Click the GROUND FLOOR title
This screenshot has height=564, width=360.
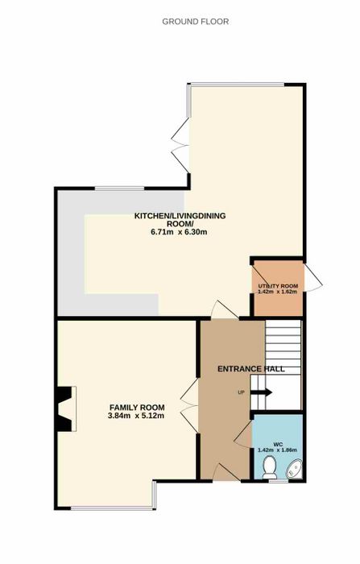195,22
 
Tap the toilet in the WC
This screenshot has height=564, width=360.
270,467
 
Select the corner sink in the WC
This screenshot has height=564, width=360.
295,470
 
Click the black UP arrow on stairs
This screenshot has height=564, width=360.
261,392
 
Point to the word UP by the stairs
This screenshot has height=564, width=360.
241,392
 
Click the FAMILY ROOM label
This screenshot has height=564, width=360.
137,408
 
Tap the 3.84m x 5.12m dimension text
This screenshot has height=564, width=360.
137,416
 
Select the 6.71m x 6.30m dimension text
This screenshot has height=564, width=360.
179,232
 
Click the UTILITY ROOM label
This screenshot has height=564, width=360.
278,286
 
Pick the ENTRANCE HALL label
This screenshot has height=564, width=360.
251,369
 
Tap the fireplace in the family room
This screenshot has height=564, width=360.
65,408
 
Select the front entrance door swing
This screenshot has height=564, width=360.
226,472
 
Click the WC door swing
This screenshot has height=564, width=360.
243,435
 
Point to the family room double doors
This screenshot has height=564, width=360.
189,405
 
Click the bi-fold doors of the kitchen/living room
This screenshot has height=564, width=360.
180,145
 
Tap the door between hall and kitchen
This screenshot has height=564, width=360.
225,309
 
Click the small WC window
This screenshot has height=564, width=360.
279,480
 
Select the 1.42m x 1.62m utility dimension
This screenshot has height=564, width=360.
278,292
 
